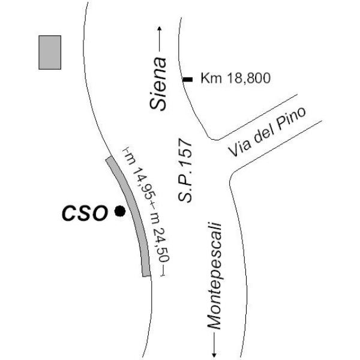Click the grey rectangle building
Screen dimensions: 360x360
pos(50,52)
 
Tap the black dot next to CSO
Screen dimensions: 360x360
pos(120,211)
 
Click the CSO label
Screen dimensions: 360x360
pos(85,213)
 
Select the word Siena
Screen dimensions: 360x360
pos(158,84)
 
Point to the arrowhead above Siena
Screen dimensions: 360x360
pos(160,28)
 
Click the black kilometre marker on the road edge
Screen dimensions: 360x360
pos(188,79)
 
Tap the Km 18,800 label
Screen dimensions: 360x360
pos(236,78)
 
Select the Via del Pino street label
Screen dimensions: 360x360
pos(267,132)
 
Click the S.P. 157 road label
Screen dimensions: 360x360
pos(185,170)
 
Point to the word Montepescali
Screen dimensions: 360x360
pos(214,276)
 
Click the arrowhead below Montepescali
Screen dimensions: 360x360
pos(214,355)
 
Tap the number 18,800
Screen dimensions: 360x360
pos(248,78)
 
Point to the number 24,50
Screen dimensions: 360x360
pos(162,245)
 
